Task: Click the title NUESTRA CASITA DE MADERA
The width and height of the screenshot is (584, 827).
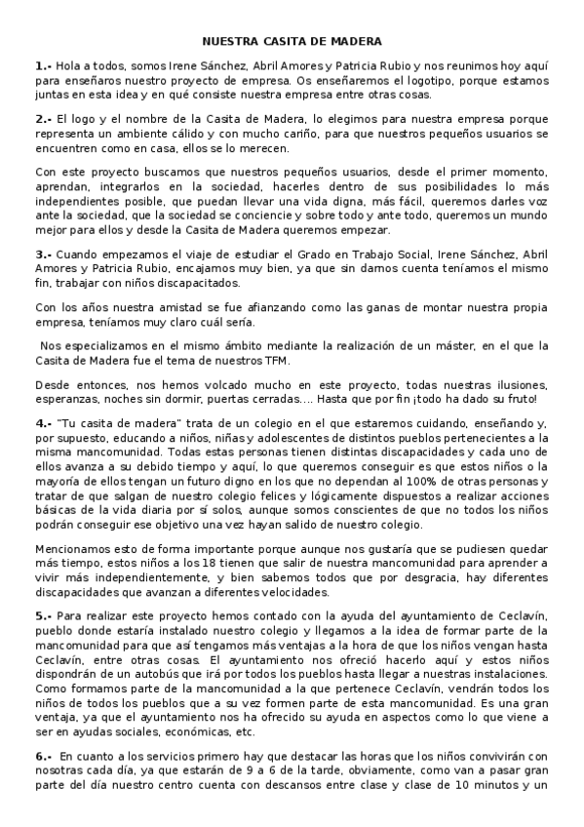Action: coord(292,42)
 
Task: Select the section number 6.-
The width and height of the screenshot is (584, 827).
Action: coord(43,756)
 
